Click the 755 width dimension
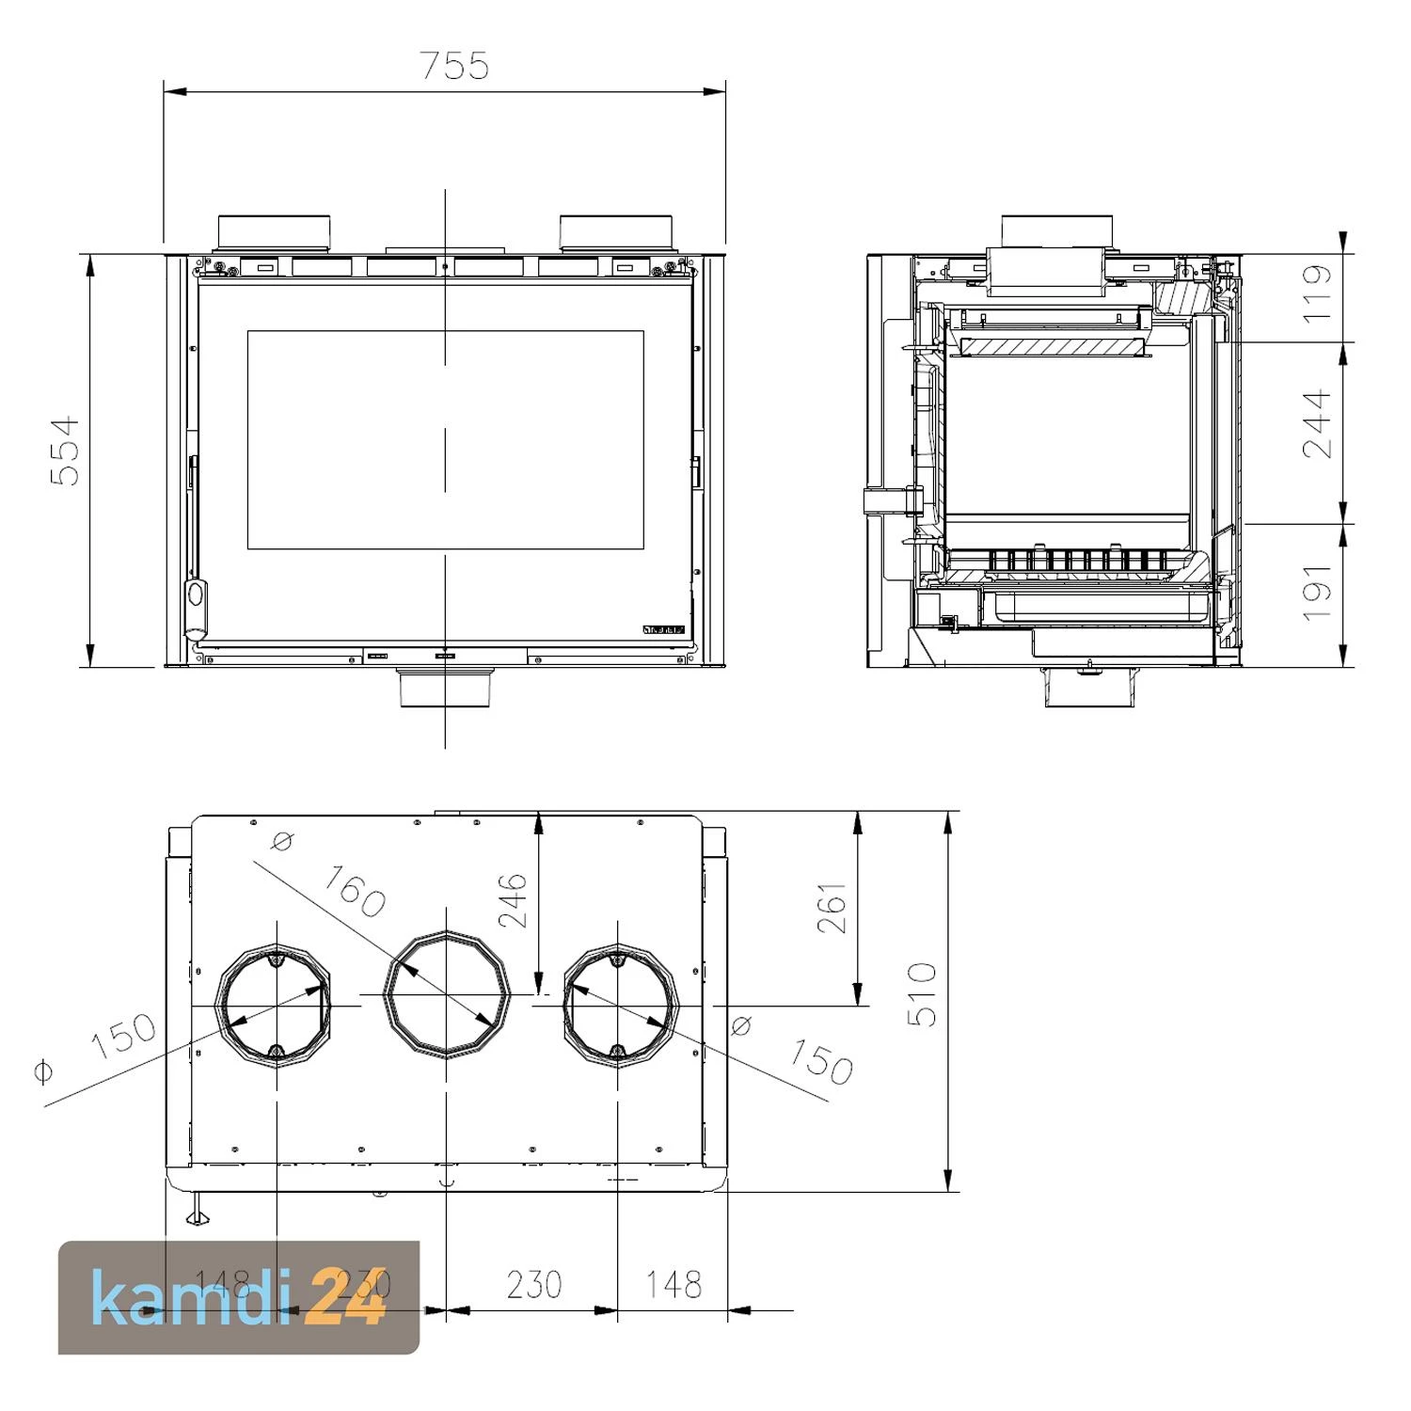pyautogui.click(x=453, y=66)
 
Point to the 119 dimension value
pyautogui.click(x=1318, y=293)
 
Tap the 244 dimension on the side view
pyautogui.click(x=1318, y=423)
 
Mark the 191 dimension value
pyautogui.click(x=1318, y=593)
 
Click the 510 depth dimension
pyautogui.click(x=923, y=994)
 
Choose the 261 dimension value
pyautogui.click(x=832, y=908)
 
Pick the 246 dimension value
pyautogui.click(x=514, y=900)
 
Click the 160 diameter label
pyautogui.click(x=354, y=890)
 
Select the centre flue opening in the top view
pyautogui.click(x=446, y=994)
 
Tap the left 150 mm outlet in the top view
pyautogui.click(x=276, y=1007)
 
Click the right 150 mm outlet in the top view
pyautogui.click(x=619, y=1007)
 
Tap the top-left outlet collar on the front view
pyautogui.click(x=275, y=232)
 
